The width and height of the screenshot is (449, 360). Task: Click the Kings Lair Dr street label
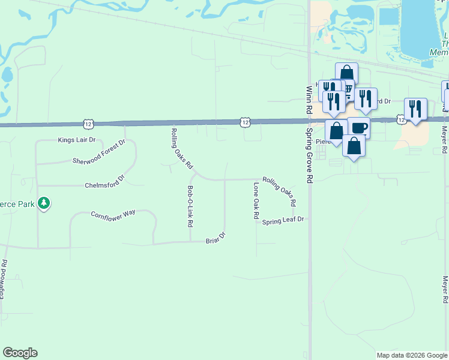point(77,140)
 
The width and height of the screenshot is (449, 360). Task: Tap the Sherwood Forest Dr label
point(98,152)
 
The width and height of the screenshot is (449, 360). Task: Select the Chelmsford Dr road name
point(104,178)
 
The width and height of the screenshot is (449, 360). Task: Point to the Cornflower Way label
point(113,214)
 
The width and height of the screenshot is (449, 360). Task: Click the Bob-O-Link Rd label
point(190,206)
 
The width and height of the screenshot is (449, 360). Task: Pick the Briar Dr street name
point(215,238)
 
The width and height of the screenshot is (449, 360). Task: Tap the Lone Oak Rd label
point(256,200)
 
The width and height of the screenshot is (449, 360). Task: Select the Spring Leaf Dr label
point(283,220)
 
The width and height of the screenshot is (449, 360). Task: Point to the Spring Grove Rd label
point(310,155)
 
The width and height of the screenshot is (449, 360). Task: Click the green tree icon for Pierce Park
point(43,203)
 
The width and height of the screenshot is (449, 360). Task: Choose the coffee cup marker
point(359,127)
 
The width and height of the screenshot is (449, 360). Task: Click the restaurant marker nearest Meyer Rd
point(415,109)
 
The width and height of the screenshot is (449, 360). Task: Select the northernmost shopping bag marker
point(346,73)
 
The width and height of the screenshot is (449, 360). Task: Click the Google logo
point(20,353)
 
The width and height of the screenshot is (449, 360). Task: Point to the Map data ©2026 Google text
point(411,355)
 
